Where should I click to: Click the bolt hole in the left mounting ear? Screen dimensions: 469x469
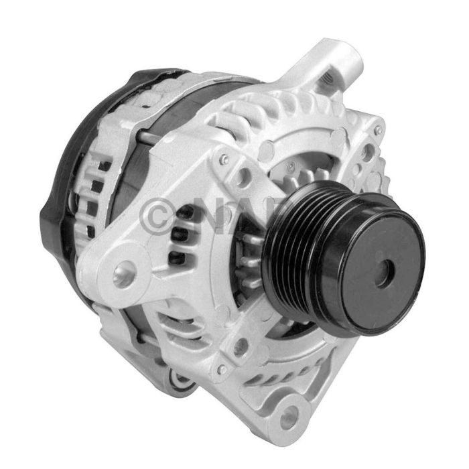pos(123,273)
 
